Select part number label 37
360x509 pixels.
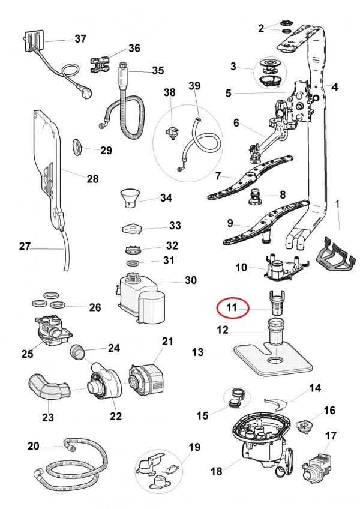click(x=80, y=38)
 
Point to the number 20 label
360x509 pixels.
click(x=34, y=445)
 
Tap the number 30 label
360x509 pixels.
click(x=190, y=280)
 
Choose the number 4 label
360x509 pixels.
click(x=335, y=86)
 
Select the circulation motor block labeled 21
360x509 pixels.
click(x=144, y=379)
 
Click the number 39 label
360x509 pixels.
click(x=194, y=86)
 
